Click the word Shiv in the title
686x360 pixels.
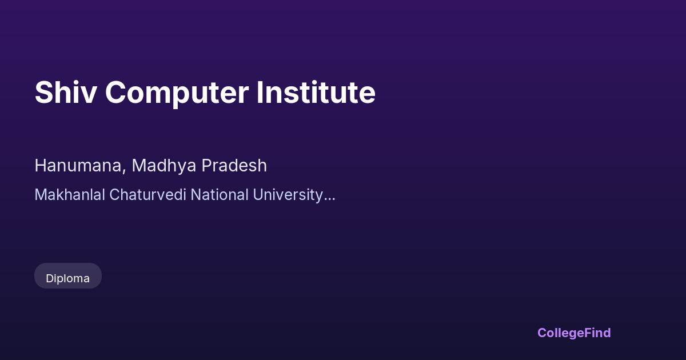[x=66, y=93]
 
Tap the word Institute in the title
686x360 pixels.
[x=316, y=93]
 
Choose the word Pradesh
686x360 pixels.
[x=234, y=166]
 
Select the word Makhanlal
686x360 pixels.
[x=70, y=195]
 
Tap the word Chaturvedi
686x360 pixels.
[x=147, y=195]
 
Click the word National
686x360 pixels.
[x=220, y=195]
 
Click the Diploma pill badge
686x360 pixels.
[x=68, y=276]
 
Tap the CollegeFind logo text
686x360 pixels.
[x=574, y=333]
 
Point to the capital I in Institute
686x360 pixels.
[x=260, y=93]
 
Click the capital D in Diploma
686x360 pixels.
[x=50, y=279]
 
